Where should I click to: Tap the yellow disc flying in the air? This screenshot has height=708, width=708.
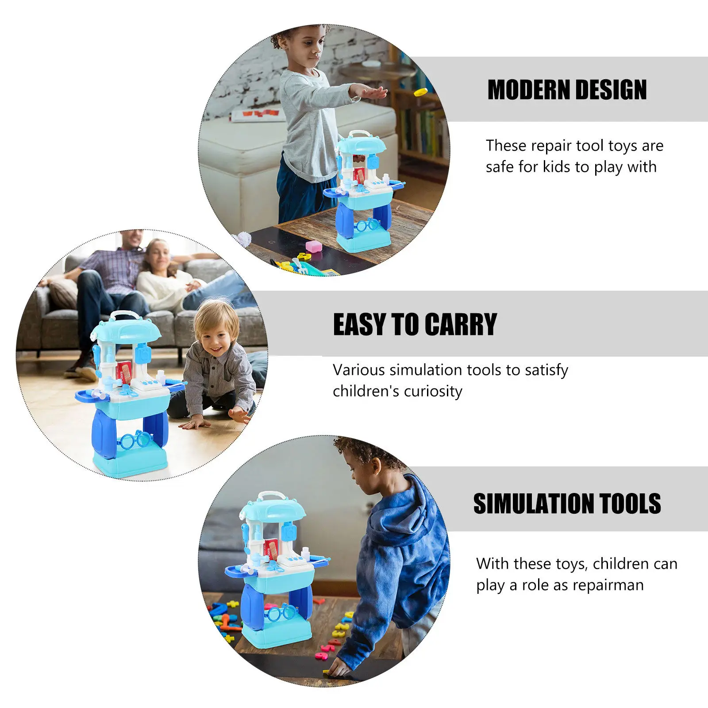[420, 92]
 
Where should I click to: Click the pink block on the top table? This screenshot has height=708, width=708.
[314, 246]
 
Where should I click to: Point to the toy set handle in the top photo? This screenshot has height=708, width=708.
[359, 134]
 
